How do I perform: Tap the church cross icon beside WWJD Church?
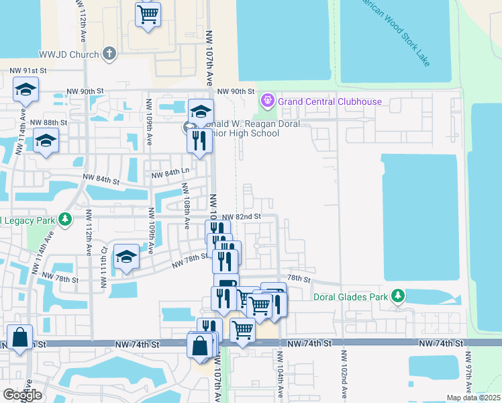coord(111,53)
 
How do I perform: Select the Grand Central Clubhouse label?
coord(330,101)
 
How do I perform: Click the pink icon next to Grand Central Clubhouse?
coord(268,101)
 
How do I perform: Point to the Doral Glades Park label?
coord(352,296)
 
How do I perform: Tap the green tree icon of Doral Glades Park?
coord(398,296)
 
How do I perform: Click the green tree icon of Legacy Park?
coord(65,220)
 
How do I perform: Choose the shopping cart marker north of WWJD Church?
coord(148,13)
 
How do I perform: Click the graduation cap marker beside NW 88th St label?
coord(46,140)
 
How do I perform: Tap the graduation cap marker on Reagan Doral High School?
coord(201,111)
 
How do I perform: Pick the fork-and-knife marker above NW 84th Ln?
coord(199,140)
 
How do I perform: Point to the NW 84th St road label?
coord(101,179)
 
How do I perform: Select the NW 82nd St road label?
coord(240,217)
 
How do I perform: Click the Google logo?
coord(22,394)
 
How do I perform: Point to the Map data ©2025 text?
coord(473,398)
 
